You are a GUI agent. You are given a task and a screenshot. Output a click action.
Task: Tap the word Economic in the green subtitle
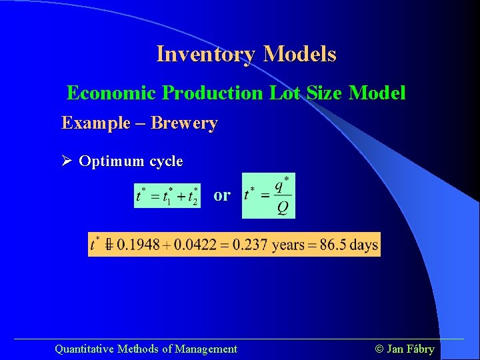(x=112, y=93)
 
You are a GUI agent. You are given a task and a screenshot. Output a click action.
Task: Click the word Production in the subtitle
(x=213, y=93)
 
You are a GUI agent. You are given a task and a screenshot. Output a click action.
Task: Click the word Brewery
(x=184, y=123)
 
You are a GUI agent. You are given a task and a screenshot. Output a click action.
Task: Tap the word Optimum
(x=111, y=161)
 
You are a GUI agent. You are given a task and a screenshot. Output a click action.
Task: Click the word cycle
(x=166, y=161)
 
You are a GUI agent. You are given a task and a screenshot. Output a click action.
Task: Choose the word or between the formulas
(x=222, y=195)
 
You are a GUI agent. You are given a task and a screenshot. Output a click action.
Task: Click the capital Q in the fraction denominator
(x=283, y=209)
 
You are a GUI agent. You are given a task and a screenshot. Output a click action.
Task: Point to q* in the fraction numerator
(x=282, y=185)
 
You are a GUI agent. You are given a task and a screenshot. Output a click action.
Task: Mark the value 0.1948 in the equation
(x=138, y=245)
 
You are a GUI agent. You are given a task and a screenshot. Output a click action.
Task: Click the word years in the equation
(x=288, y=245)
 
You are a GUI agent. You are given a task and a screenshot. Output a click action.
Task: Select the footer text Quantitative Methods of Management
(x=145, y=349)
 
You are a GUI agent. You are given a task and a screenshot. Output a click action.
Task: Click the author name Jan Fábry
(x=410, y=349)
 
